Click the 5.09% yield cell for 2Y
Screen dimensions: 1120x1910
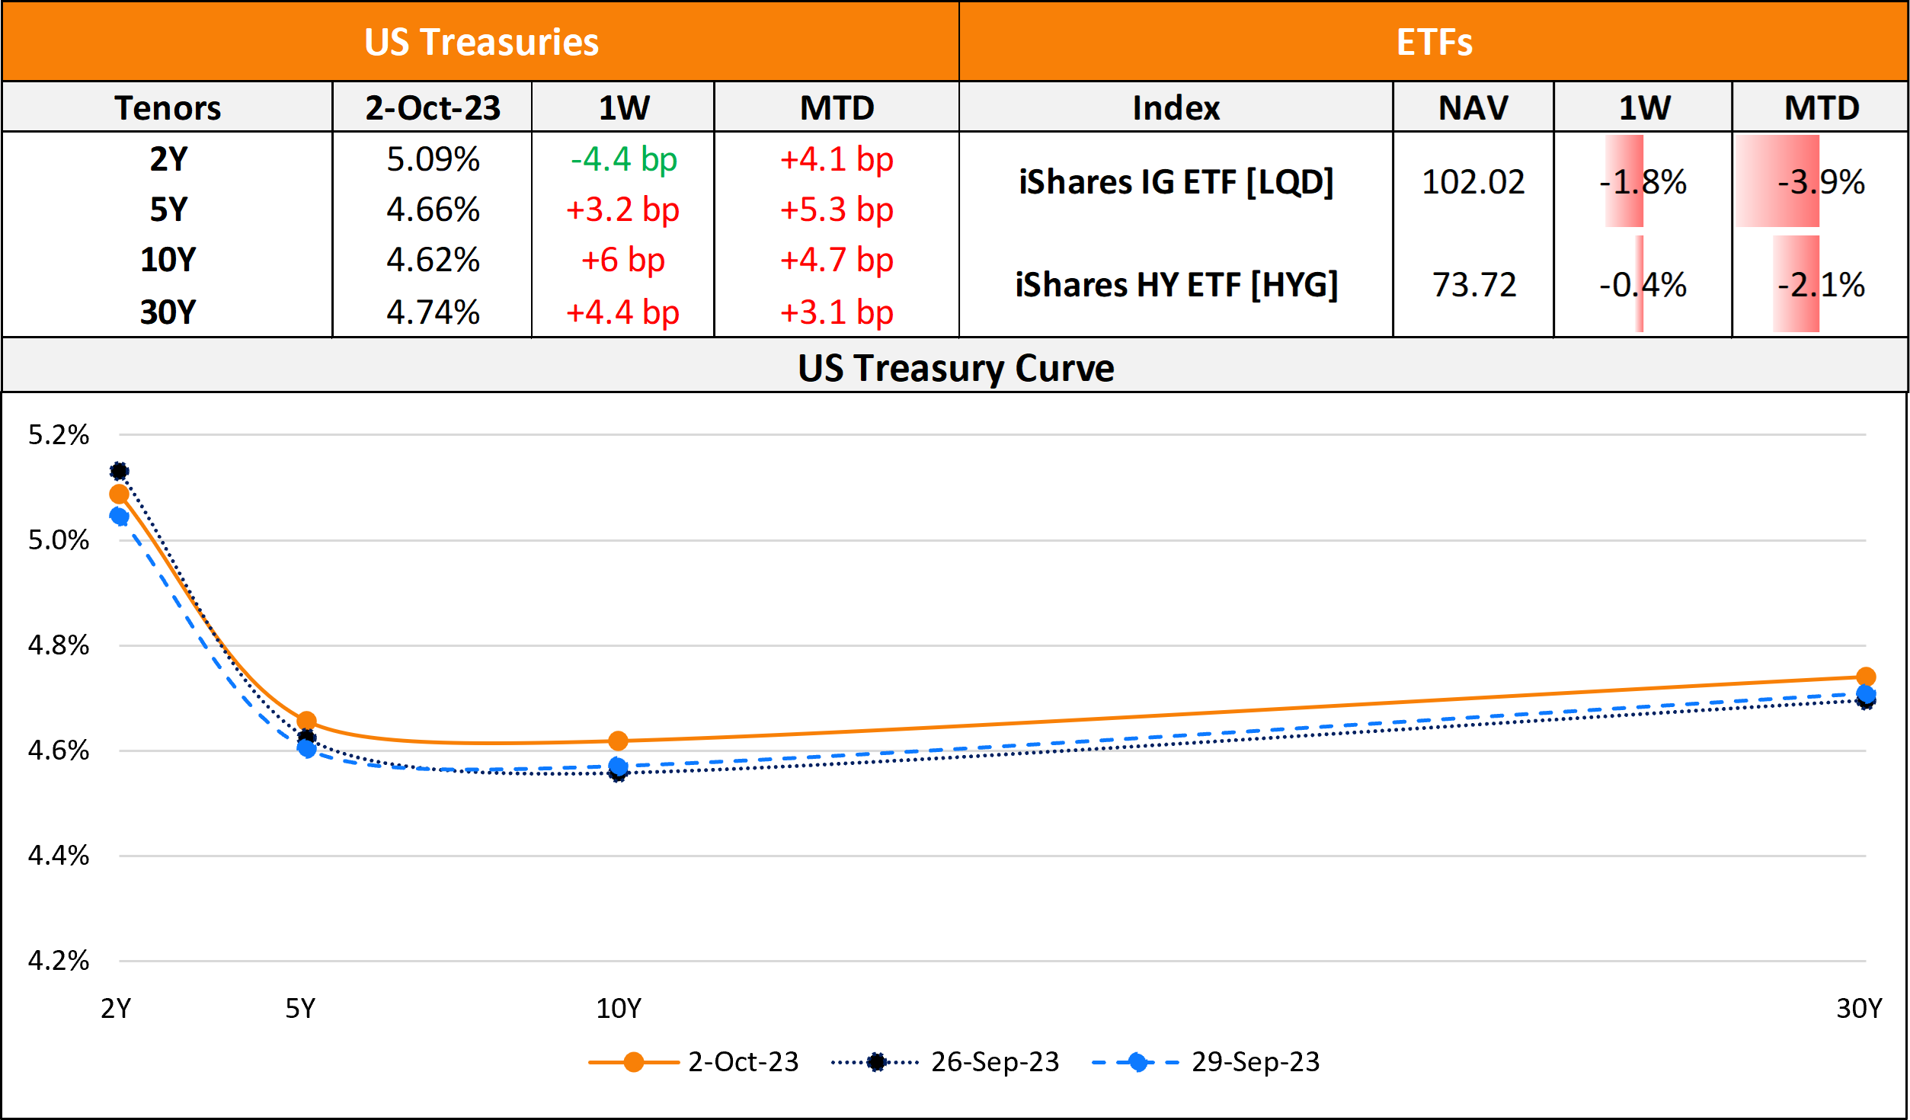(433, 159)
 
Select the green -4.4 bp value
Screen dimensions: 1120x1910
(623, 159)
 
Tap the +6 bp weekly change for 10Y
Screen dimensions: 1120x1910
(622, 260)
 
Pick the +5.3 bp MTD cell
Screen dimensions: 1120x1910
(836, 210)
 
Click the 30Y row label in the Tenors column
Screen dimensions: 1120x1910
(168, 312)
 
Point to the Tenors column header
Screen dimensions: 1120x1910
(168, 107)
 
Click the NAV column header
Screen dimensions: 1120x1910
(1473, 107)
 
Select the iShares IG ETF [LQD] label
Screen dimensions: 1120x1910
(1176, 182)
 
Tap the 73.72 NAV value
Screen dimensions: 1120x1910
(1473, 285)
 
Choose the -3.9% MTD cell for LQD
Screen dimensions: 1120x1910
(1821, 182)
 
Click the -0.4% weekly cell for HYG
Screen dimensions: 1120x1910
(1643, 285)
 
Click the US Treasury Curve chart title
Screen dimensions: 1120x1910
(955, 368)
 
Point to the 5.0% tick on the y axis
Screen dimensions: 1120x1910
(59, 540)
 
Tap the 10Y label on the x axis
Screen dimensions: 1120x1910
(618, 1008)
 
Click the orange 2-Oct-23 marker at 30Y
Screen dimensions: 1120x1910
(1865, 677)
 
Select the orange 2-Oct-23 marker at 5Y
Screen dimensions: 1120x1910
(306, 721)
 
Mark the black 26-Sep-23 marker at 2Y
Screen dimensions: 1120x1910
(119, 471)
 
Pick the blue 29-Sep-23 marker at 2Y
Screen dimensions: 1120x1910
(119, 517)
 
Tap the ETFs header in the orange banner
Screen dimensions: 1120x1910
(1434, 42)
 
